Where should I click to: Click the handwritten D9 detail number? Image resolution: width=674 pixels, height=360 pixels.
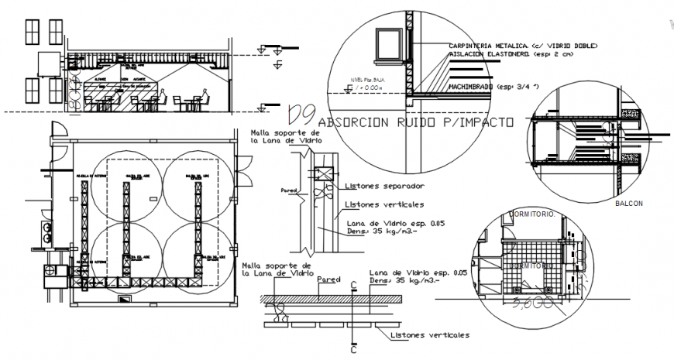[x=300, y=115]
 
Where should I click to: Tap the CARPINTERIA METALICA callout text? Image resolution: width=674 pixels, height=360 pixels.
[x=523, y=46]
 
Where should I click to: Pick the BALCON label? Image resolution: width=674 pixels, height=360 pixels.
[x=628, y=204]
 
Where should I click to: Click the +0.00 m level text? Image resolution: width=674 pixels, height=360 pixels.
[x=373, y=88]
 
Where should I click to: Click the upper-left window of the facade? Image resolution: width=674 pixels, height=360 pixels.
[x=32, y=32]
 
